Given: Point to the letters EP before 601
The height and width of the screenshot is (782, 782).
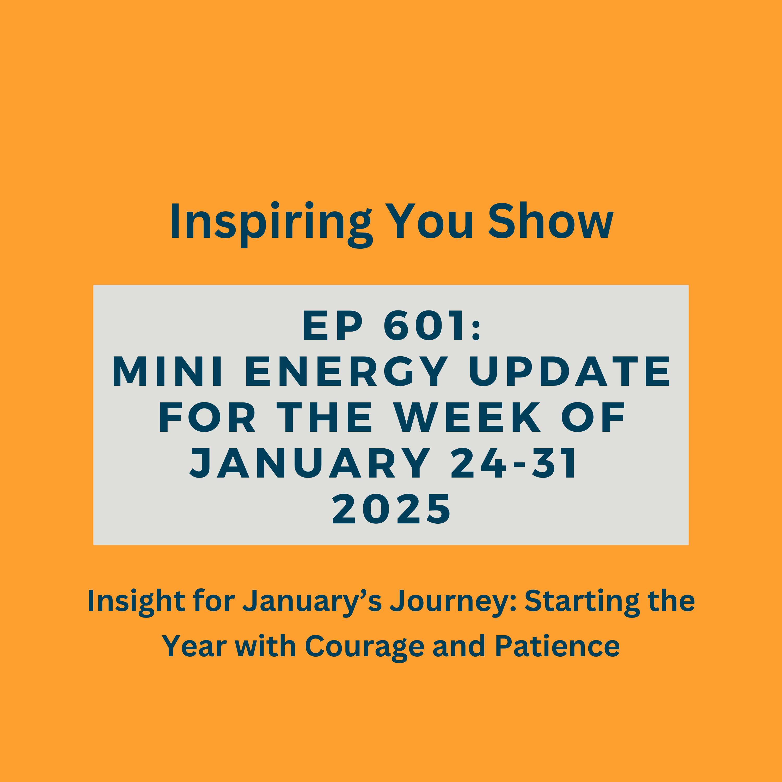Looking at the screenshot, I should (333, 325).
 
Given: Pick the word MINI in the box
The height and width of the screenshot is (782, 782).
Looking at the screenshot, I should (167, 371).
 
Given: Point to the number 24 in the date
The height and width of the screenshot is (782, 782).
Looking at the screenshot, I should (478, 463).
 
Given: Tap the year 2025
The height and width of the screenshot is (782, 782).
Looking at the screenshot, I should (391, 509).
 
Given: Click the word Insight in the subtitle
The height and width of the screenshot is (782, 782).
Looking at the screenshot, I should (136, 601).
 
